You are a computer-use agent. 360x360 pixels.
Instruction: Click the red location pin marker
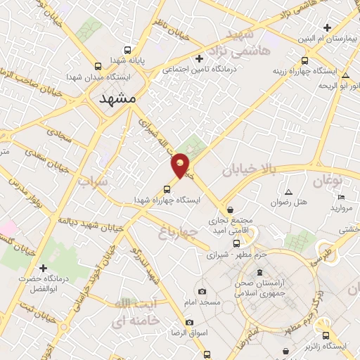pos(181,166)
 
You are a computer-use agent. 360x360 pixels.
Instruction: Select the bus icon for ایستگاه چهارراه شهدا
pos(167,188)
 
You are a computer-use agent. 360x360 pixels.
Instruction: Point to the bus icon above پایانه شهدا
pos(127,50)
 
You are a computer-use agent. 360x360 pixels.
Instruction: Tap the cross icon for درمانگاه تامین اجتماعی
pos(199,58)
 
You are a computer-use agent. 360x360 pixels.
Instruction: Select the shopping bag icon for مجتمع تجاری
pos(231,209)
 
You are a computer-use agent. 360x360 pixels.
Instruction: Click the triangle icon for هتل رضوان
pos(288,192)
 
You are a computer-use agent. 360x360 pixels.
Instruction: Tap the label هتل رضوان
pos(291,202)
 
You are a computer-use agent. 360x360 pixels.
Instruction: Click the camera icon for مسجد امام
pos(202,291)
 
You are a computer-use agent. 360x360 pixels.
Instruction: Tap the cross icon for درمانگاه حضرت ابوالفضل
pos(44,268)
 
